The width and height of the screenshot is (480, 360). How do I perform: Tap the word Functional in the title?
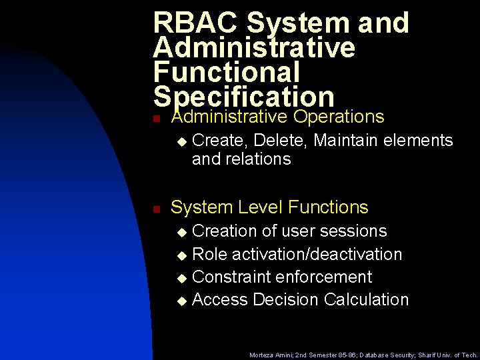pos(227,72)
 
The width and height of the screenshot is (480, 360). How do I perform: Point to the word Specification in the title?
pos(243,97)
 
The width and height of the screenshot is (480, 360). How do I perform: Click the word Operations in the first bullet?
pos(339,117)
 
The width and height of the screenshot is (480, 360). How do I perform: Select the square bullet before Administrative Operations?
pos(155,119)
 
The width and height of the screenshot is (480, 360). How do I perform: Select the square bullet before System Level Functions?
pos(155,209)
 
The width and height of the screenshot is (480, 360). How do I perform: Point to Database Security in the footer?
pos(383,355)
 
